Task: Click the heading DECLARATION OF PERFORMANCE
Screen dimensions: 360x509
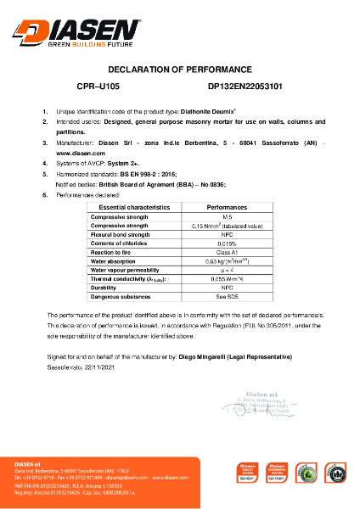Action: [x=180, y=69]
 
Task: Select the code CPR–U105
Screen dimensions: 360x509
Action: [x=95, y=87]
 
